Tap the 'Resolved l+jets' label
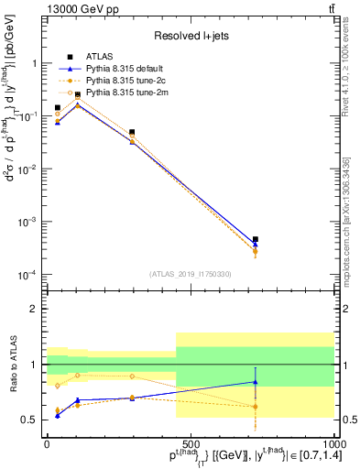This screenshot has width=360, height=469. [190, 36]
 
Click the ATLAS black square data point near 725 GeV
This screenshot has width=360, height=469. [255, 239]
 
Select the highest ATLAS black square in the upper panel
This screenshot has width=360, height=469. [78, 94]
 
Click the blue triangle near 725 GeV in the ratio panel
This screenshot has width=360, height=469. [255, 382]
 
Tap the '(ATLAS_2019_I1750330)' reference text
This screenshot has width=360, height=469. [190, 274]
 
